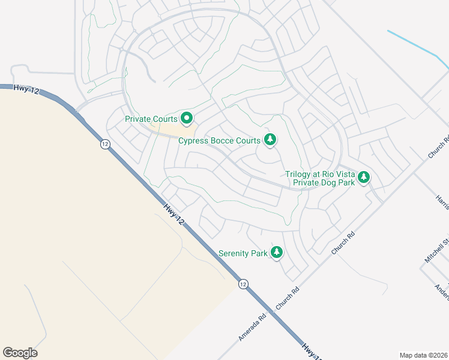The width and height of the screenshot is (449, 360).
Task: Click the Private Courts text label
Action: [x=151, y=119]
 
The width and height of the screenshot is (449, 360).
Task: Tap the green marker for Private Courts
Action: [x=186, y=119]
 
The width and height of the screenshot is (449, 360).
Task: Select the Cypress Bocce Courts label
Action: [x=219, y=141]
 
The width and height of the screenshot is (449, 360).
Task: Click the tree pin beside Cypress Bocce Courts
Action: [x=270, y=140]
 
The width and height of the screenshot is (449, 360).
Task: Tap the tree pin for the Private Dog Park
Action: [x=363, y=177]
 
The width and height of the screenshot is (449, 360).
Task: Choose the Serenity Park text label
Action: [x=243, y=253]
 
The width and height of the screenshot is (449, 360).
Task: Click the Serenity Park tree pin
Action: [x=277, y=252]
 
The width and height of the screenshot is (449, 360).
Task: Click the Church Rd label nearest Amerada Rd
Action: [x=287, y=299]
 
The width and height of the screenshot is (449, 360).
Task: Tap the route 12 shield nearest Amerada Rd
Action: [x=243, y=283]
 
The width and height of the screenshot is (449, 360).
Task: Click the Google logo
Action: [x=20, y=353]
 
